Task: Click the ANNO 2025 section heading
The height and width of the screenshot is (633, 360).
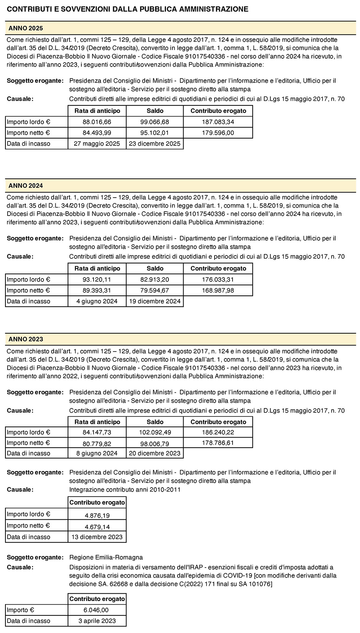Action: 26,28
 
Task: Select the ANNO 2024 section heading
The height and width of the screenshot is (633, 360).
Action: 26,186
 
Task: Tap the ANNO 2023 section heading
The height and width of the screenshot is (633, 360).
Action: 26,339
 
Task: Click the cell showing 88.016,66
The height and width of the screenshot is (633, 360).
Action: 97,122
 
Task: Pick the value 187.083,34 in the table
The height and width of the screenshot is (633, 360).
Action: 218,122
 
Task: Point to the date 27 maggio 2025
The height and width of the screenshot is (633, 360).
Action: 97,144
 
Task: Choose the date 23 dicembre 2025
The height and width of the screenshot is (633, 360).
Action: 155,144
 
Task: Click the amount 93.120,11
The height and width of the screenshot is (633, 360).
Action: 97,280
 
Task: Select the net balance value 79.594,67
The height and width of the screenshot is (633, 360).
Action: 155,290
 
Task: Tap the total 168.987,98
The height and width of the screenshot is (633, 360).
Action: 218,290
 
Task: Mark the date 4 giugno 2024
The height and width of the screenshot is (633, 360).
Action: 97,301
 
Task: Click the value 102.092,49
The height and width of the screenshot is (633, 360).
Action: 155,433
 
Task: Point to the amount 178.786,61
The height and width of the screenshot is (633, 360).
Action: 218,443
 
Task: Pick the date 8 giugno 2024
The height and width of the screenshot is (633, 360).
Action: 97,453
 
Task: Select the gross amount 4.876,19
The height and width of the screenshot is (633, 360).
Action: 97,515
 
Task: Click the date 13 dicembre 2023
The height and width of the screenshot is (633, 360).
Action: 97,537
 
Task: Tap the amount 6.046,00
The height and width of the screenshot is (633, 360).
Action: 97,610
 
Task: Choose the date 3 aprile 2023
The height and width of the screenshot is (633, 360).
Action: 97,621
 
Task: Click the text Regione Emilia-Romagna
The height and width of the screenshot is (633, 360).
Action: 106,557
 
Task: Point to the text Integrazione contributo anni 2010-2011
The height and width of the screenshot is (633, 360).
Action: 125,489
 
